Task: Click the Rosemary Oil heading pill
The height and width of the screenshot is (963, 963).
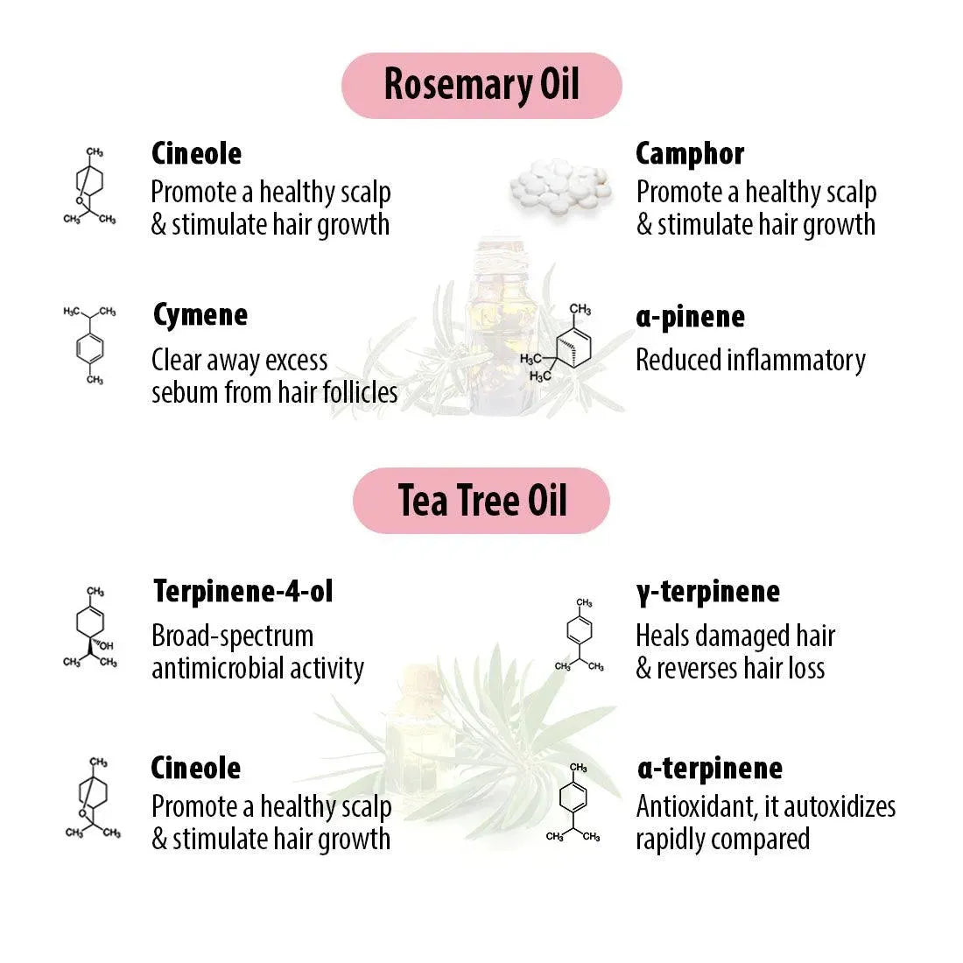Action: [481, 86]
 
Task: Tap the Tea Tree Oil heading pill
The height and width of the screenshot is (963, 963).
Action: [481, 501]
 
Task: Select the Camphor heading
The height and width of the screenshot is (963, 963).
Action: [690, 154]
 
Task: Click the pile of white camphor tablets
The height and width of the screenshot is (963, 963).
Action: [559, 187]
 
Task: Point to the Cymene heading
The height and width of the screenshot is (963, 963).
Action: [200, 316]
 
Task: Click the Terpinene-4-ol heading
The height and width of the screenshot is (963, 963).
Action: [243, 592]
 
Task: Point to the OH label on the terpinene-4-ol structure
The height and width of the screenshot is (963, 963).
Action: [106, 645]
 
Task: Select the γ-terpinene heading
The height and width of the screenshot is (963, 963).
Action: [708, 593]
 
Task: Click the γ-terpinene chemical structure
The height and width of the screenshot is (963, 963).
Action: [580, 635]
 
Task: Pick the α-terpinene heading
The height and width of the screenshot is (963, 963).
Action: [710, 769]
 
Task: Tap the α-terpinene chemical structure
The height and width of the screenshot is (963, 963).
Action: [573, 802]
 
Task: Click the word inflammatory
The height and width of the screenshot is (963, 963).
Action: [796, 361]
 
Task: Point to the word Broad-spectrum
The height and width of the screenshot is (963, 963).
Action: [233, 636]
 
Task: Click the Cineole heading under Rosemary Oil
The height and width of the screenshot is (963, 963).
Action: [196, 154]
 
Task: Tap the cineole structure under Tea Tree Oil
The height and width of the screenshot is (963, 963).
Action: [93, 798]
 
